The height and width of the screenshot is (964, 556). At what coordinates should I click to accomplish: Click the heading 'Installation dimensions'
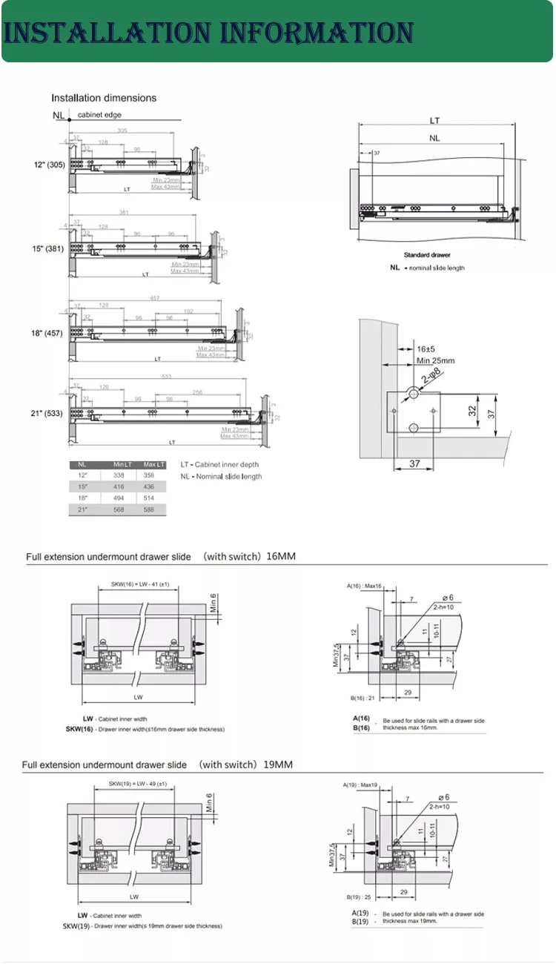pos(104,98)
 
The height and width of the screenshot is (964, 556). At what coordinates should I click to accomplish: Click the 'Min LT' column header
pos(122,464)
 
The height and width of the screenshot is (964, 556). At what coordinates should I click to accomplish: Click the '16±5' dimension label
pos(425,349)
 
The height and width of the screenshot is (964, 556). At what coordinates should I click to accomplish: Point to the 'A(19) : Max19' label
pos(360,785)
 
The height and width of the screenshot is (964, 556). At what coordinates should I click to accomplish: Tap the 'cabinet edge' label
pos(99,115)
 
